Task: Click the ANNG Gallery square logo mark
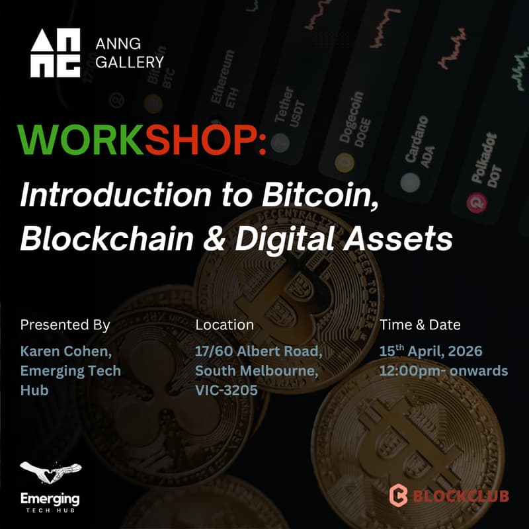(56, 54)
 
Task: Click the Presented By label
(65, 325)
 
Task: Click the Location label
(224, 325)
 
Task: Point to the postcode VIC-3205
(226, 390)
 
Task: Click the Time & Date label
(420, 325)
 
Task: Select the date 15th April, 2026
(430, 350)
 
